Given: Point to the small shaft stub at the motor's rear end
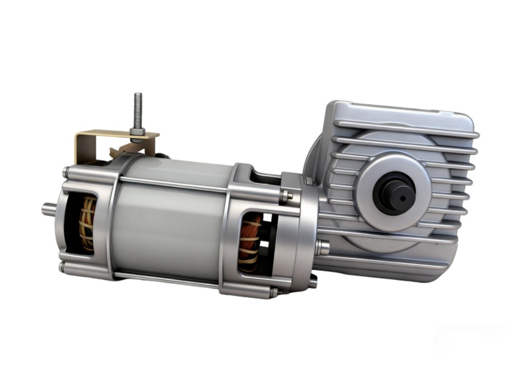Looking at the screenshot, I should click(x=48, y=209).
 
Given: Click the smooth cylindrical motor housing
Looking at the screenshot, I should click(x=170, y=219).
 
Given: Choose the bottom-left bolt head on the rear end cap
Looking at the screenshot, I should click(x=62, y=267).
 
